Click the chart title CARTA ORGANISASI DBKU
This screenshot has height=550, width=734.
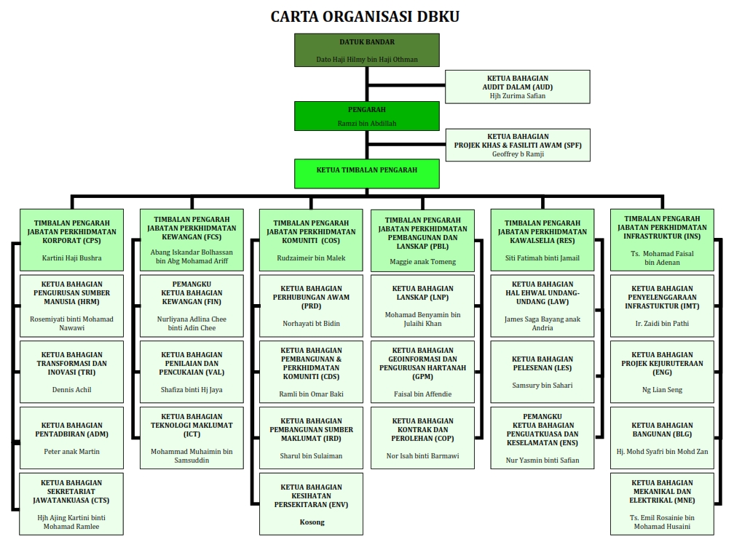366,16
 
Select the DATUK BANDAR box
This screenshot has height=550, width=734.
367,49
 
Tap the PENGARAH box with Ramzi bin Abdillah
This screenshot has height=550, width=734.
367,115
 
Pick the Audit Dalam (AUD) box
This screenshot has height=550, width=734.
517,86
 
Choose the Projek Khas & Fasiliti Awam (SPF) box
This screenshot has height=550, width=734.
517,145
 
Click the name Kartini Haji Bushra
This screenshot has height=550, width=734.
72,258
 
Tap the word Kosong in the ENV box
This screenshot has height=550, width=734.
312,522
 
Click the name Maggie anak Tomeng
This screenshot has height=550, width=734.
422,262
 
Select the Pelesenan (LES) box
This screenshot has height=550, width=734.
542,371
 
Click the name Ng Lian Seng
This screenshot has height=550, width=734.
662,390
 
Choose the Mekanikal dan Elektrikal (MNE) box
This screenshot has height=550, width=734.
662,503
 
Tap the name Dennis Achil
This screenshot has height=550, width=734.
72,389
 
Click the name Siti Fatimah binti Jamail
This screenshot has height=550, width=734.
542,258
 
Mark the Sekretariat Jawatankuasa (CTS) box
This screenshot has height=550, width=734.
72,503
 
